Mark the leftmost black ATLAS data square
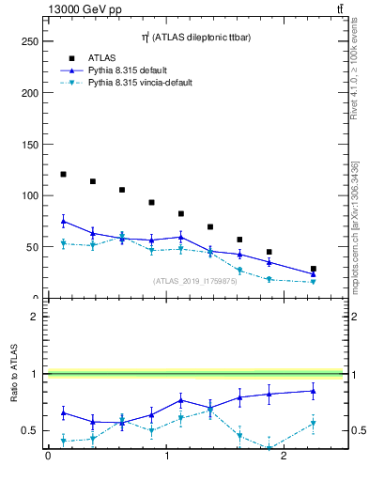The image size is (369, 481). point(63,174)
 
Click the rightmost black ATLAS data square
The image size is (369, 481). point(314,269)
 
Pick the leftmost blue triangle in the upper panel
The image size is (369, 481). point(63,221)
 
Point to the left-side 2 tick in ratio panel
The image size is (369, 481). point(33,317)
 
